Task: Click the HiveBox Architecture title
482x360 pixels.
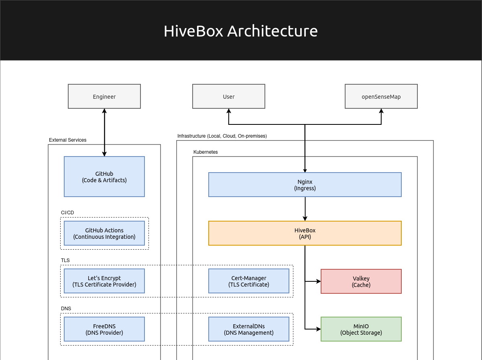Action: (x=240, y=31)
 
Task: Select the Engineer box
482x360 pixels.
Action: (x=104, y=96)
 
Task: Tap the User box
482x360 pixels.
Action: (x=229, y=96)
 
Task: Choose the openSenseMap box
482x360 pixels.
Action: (x=381, y=96)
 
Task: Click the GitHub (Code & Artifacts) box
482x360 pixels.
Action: (x=104, y=177)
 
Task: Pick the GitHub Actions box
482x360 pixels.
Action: (x=104, y=233)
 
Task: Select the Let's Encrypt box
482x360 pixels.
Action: (x=104, y=281)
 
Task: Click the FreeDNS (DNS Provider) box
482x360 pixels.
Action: (x=104, y=329)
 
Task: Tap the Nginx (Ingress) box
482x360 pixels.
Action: (x=305, y=185)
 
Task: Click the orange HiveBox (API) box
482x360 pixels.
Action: (x=305, y=233)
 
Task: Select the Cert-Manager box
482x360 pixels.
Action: (x=249, y=281)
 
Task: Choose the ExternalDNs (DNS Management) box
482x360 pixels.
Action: (x=249, y=329)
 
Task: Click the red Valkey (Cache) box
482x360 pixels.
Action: (x=361, y=281)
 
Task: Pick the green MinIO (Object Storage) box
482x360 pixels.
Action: (x=361, y=329)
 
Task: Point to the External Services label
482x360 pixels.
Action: (x=67, y=140)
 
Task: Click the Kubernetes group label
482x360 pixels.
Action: (x=205, y=152)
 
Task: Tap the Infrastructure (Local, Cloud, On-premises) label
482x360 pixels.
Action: (x=222, y=136)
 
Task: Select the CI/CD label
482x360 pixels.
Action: (x=67, y=212)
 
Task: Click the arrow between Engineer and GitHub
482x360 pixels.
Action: (x=104, y=132)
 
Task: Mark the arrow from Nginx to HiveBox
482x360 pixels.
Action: (x=305, y=209)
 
